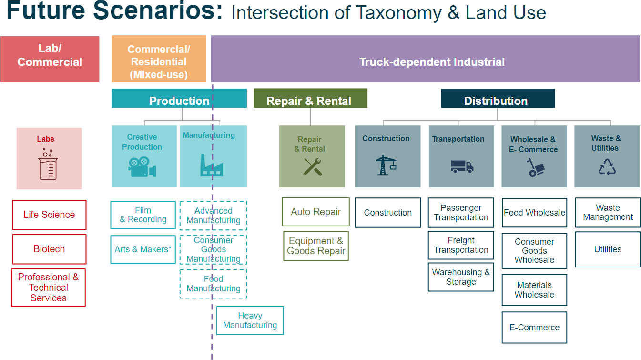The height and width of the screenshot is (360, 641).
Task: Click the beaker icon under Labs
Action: tap(48, 165)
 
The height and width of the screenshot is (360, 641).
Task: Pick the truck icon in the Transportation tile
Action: tap(462, 166)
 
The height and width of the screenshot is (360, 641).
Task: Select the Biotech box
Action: tap(49, 249)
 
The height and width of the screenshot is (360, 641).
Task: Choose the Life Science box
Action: tap(49, 215)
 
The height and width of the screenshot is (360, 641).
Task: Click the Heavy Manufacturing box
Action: tap(250, 320)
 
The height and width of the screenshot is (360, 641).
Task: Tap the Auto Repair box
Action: tap(315, 212)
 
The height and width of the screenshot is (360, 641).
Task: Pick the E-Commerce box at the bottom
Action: tap(534, 328)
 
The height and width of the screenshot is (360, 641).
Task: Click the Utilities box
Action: tap(608, 249)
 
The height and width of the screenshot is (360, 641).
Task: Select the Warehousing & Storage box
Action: tap(461, 277)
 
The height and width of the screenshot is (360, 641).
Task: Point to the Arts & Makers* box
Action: tap(143, 249)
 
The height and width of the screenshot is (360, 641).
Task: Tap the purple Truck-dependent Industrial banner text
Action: tap(432, 62)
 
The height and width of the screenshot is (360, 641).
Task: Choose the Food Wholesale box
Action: tap(534, 213)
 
